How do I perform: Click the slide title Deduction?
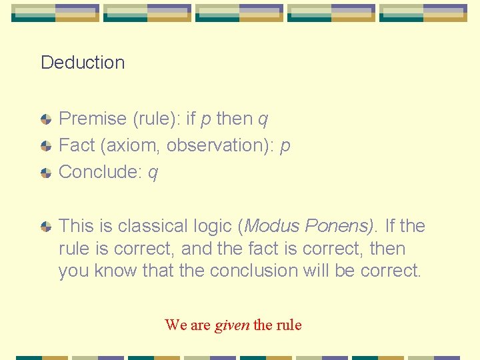pyautogui.click(x=83, y=63)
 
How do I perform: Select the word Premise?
pyautogui.click(x=93, y=119)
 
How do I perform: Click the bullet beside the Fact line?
pyautogui.click(x=45, y=146)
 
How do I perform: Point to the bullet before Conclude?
pyautogui.click(x=45, y=173)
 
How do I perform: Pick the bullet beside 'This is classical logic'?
pyautogui.click(x=45, y=227)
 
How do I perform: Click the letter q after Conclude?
pyautogui.click(x=153, y=173)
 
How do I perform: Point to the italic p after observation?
pyautogui.click(x=285, y=147)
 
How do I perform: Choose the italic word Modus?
pyautogui.click(x=273, y=226)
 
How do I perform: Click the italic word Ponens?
pyautogui.click(x=340, y=226)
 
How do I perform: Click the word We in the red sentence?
pyautogui.click(x=176, y=325)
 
